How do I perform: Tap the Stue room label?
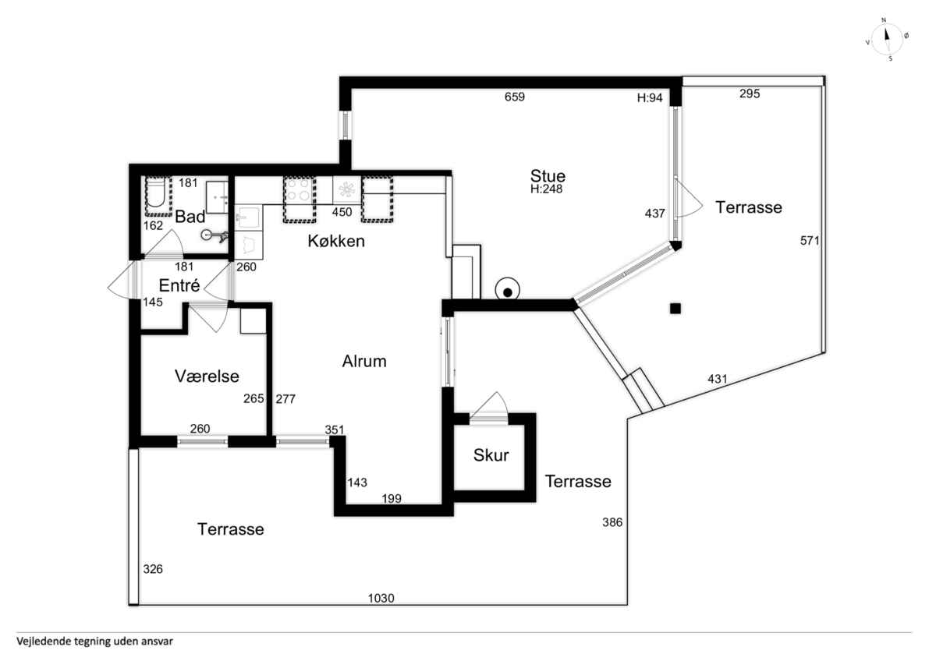pyautogui.click(x=548, y=176)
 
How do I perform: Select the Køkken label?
pyautogui.click(x=336, y=241)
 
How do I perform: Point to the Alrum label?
pyautogui.click(x=364, y=361)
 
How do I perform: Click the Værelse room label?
pyautogui.click(x=207, y=376)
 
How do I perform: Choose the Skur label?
pyautogui.click(x=491, y=455)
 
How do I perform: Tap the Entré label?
pyautogui.click(x=179, y=285)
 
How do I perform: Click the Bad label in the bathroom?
pyautogui.click(x=190, y=217)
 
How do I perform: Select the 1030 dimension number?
pyautogui.click(x=381, y=599)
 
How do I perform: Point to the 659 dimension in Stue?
pyautogui.click(x=514, y=97)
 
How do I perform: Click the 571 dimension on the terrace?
pyautogui.click(x=810, y=241)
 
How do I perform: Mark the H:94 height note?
pyautogui.click(x=650, y=97)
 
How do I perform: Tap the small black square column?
pyautogui.click(x=675, y=309)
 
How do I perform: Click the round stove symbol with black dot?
pyautogui.click(x=507, y=290)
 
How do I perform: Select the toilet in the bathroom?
pyautogui.click(x=156, y=194)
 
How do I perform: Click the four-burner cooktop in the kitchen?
pyautogui.click(x=300, y=190)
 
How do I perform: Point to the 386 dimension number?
pyautogui.click(x=612, y=522)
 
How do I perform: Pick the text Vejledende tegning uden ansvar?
pyautogui.click(x=95, y=641)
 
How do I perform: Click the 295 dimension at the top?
pyautogui.click(x=750, y=94)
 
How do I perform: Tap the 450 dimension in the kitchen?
pyautogui.click(x=342, y=212)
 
